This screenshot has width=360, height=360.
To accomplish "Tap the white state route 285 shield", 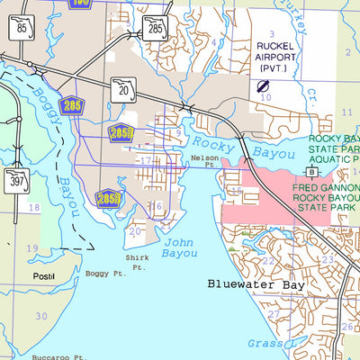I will coord(155,31).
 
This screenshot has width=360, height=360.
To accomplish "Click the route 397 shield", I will coord(15,179).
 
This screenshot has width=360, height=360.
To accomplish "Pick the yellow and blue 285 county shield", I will coord(68,105).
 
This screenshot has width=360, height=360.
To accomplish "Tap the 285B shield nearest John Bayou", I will coord(108,197).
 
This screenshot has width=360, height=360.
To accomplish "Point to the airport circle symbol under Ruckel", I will coord(265,86).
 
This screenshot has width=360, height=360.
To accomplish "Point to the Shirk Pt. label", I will coord(139,261).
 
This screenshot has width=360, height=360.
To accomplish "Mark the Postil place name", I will coord(43,275).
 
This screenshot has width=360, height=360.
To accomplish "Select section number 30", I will coord(40,316).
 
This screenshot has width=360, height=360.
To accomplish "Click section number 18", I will coord(35,207).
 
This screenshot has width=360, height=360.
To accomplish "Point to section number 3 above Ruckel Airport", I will coord(269,32).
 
